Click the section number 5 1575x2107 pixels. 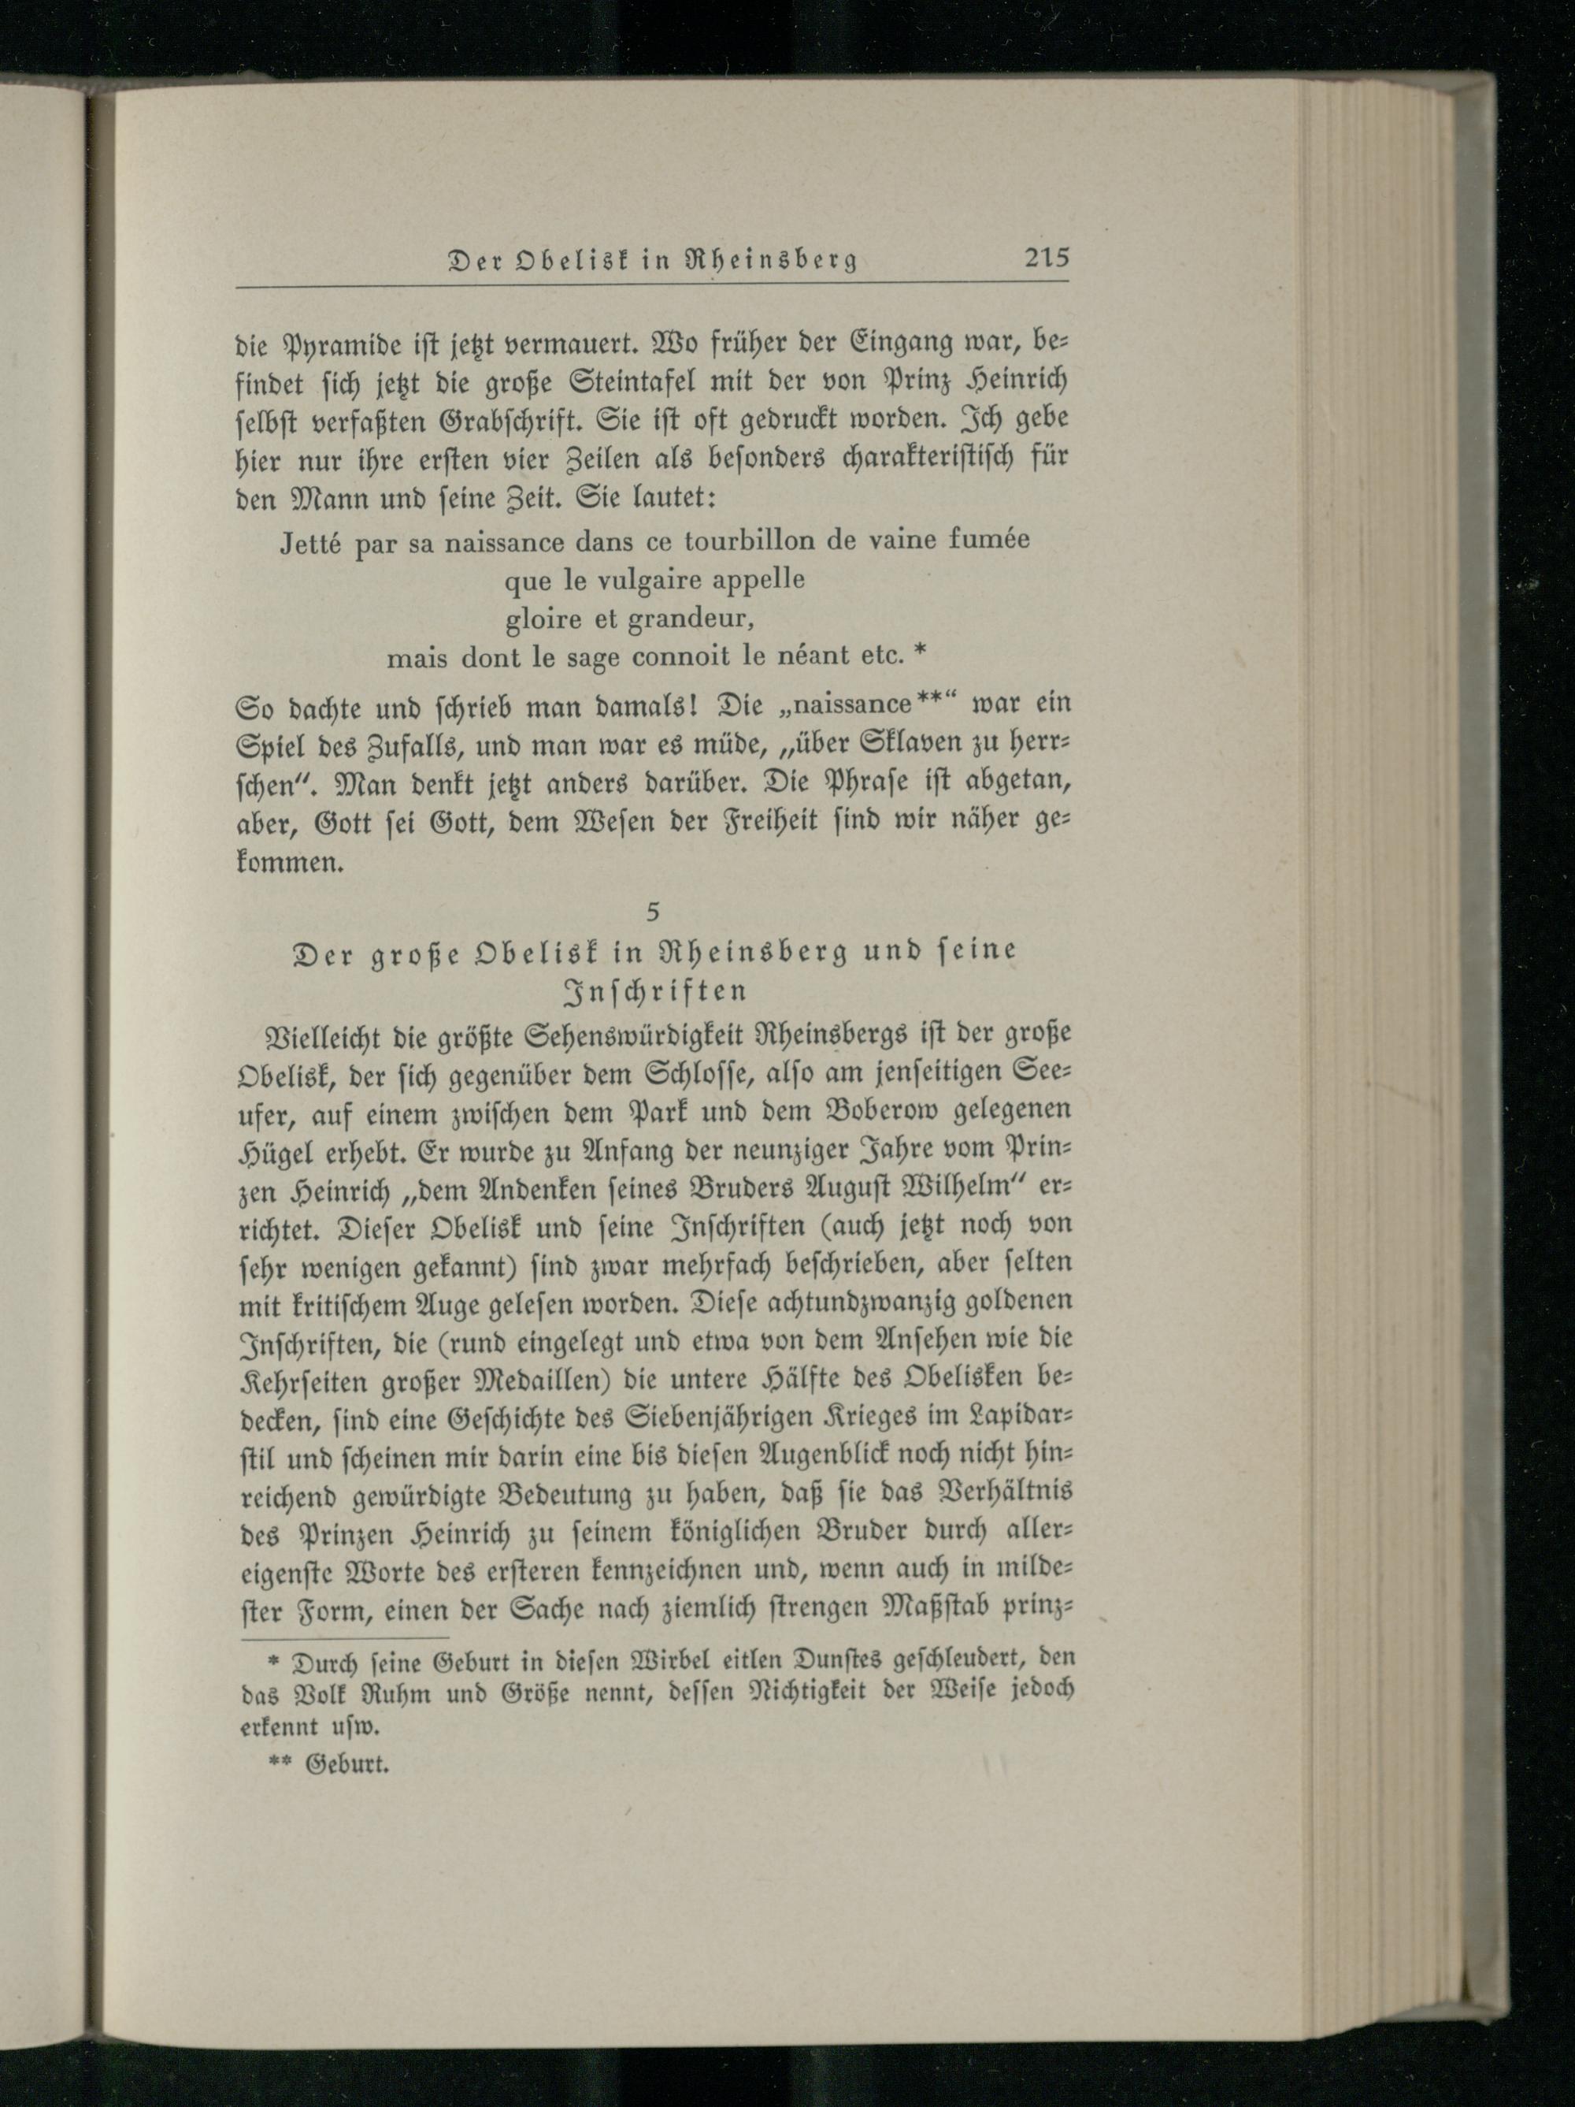pos(652,912)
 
